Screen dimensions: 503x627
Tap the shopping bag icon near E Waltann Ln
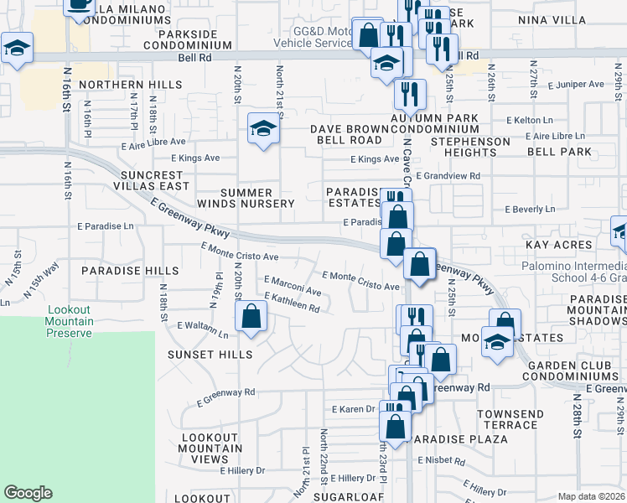(250, 317)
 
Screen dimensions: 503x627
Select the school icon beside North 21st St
(262, 129)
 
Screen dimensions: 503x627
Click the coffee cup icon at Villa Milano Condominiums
(80, 4)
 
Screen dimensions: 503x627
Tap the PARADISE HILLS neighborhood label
(130, 271)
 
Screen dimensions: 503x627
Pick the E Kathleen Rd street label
(292, 309)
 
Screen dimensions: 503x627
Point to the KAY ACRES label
(559, 244)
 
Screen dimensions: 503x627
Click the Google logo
(28, 492)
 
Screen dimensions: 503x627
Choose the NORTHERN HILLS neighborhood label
(131, 85)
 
